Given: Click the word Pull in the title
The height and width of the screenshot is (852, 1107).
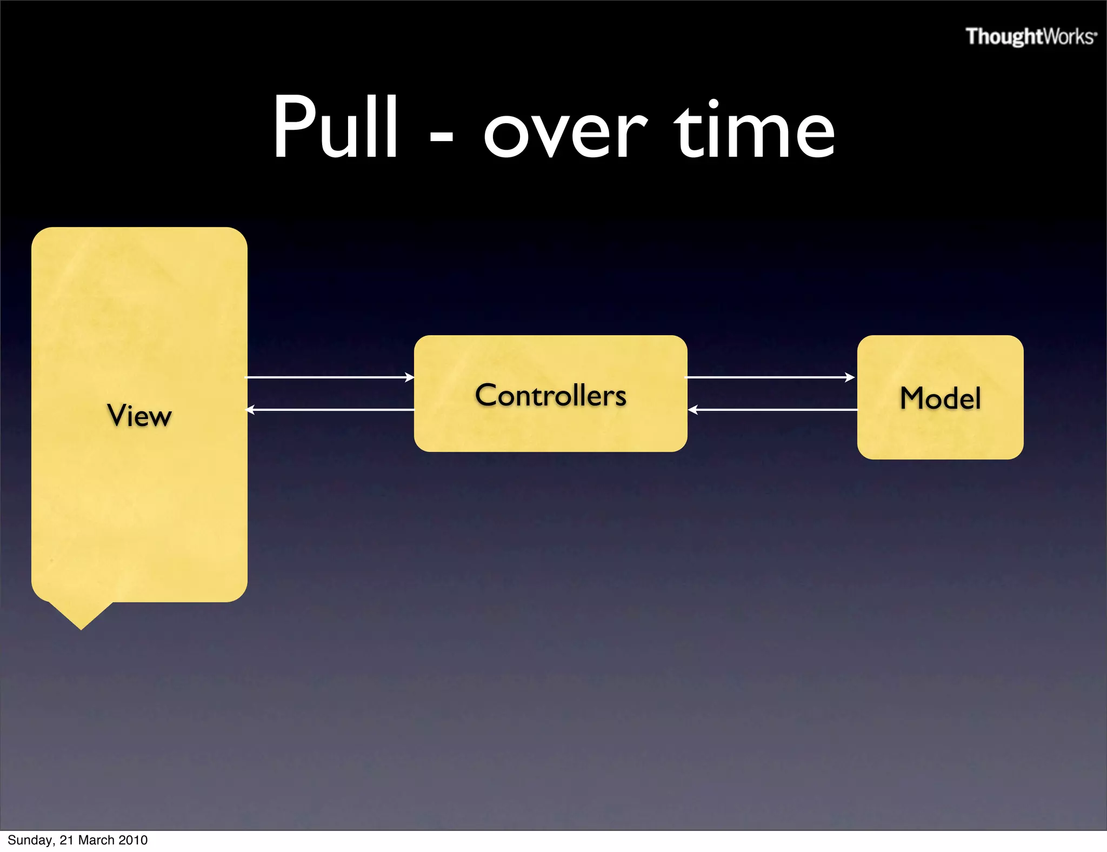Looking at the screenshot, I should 335,128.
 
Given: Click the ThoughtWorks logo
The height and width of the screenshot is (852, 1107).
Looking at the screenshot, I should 1031,37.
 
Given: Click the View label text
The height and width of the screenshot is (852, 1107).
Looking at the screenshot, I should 139,416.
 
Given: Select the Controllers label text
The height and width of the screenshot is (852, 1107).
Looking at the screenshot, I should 551,395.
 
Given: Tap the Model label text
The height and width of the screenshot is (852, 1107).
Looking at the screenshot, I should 940,398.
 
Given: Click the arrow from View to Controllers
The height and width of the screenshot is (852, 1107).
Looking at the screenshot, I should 330,377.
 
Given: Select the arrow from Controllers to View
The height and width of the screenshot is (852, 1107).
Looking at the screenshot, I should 330,410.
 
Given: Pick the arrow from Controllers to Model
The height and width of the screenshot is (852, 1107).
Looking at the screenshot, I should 770,377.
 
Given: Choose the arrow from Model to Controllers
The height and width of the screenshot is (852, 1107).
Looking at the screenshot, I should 773,410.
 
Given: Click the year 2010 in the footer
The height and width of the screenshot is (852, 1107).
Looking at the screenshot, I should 133,840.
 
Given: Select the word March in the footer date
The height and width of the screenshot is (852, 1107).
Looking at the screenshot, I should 97,840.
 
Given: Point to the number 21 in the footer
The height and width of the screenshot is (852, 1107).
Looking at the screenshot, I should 66,840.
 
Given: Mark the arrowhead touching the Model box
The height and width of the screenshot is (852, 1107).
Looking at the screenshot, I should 850,377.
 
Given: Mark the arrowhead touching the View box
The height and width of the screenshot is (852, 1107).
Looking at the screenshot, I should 251,410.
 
